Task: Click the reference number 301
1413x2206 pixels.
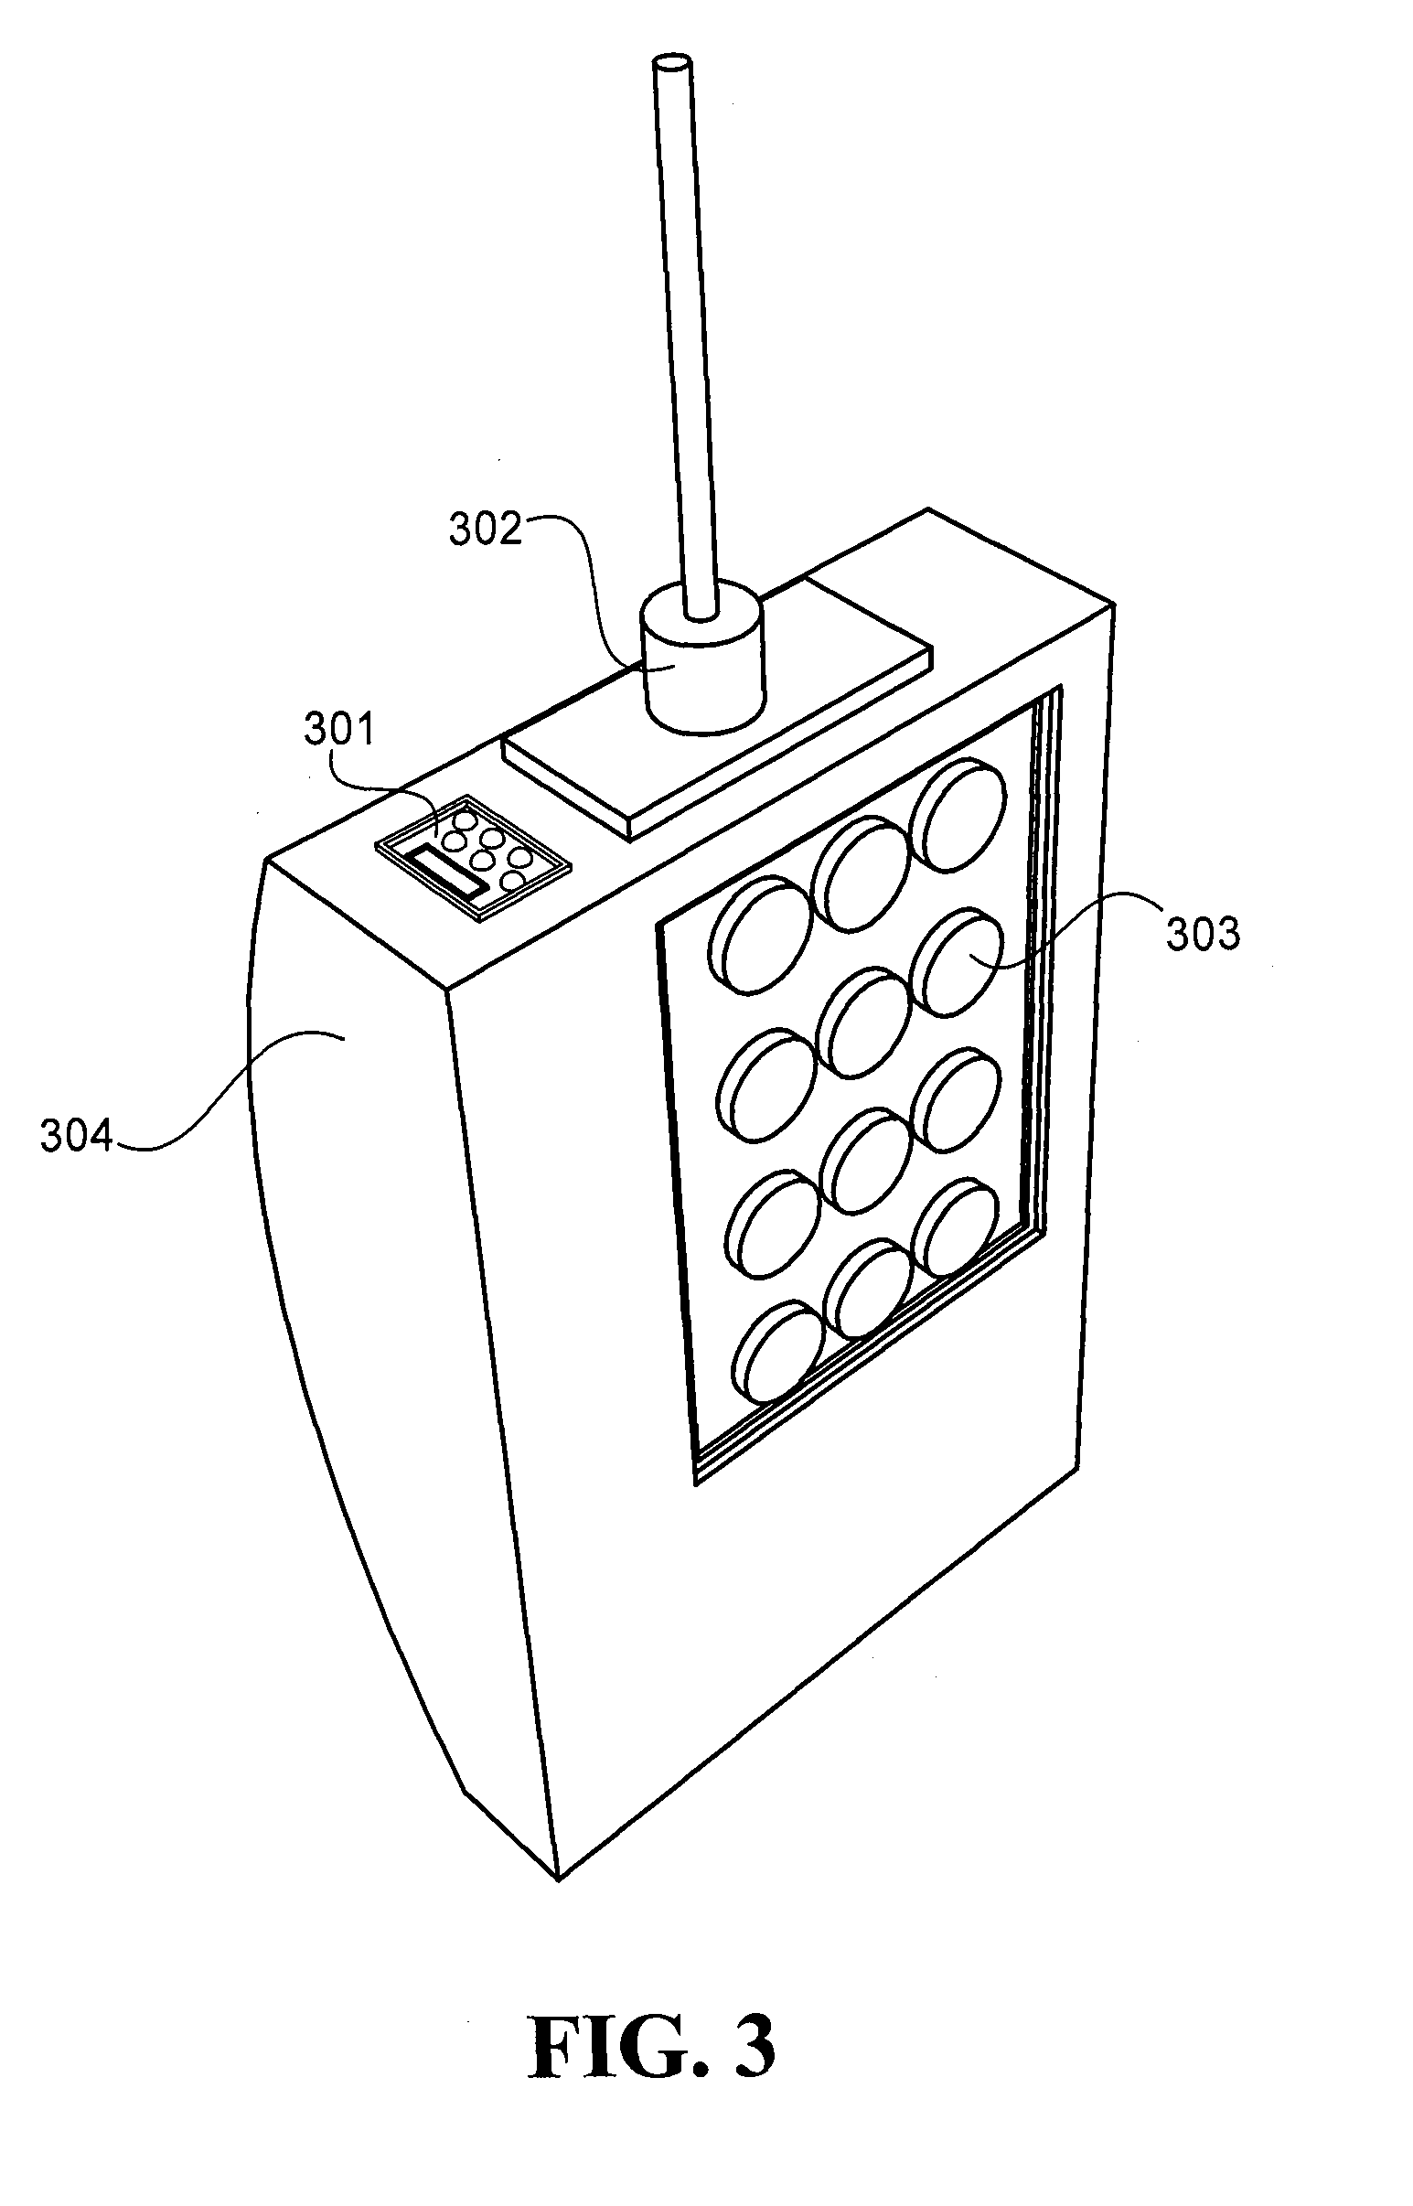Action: click(x=339, y=731)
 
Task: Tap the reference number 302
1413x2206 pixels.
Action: click(x=485, y=530)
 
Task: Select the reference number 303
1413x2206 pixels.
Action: click(x=1202, y=934)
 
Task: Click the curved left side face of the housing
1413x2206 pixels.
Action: click(x=367, y=1331)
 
